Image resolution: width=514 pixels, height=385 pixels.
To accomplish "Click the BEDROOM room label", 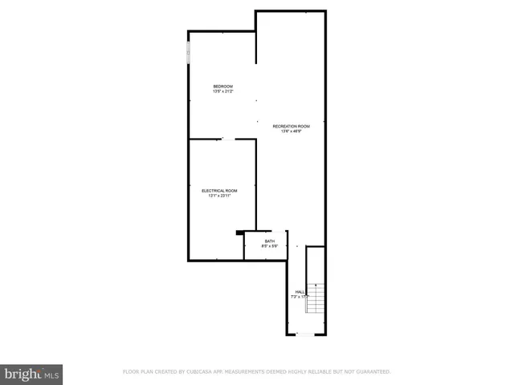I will pyautogui.click(x=222, y=87).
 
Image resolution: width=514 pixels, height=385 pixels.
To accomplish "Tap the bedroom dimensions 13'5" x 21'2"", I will pyautogui.click(x=222, y=92).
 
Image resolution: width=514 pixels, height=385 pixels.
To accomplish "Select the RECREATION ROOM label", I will pyautogui.click(x=291, y=126).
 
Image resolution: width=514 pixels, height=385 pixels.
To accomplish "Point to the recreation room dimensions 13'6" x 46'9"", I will pyautogui.click(x=291, y=132).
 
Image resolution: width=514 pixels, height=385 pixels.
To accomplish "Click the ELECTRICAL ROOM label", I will pyautogui.click(x=219, y=190).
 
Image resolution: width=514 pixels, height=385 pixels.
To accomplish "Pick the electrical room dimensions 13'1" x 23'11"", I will pyautogui.click(x=219, y=196).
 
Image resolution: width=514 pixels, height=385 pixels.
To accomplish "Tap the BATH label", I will pyautogui.click(x=270, y=241).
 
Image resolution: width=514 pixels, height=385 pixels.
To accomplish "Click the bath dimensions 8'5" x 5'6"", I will pyautogui.click(x=270, y=246).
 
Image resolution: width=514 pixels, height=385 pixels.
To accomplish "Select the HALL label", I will pyautogui.click(x=300, y=292).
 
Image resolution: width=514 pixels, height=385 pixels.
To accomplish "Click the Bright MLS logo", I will pyautogui.click(x=32, y=374).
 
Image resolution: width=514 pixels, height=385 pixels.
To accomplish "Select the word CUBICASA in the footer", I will pyautogui.click(x=206, y=372).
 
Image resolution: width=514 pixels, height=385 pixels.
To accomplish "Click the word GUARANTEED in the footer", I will pyautogui.click(x=371, y=372).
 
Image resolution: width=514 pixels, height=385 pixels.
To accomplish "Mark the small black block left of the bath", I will pyautogui.click(x=239, y=233).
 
